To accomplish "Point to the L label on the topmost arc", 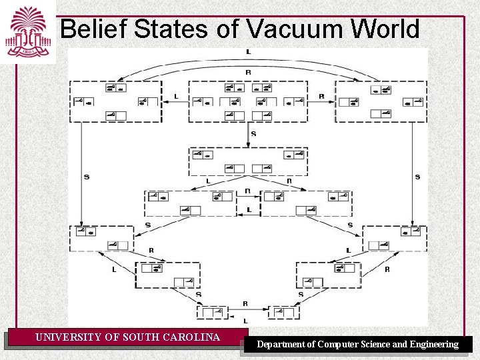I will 248,51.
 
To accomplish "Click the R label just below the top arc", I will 248,72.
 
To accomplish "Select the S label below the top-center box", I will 253,134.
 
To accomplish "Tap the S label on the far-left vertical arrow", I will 86,177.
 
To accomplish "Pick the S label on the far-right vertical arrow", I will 417,177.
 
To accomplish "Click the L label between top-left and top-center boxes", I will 175,97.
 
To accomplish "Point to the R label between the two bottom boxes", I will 245,303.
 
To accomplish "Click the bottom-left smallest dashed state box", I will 213,312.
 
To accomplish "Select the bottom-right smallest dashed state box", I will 283,312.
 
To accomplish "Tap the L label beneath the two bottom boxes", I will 245,321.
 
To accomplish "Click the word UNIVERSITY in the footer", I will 69,337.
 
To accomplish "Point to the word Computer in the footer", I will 338,345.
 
